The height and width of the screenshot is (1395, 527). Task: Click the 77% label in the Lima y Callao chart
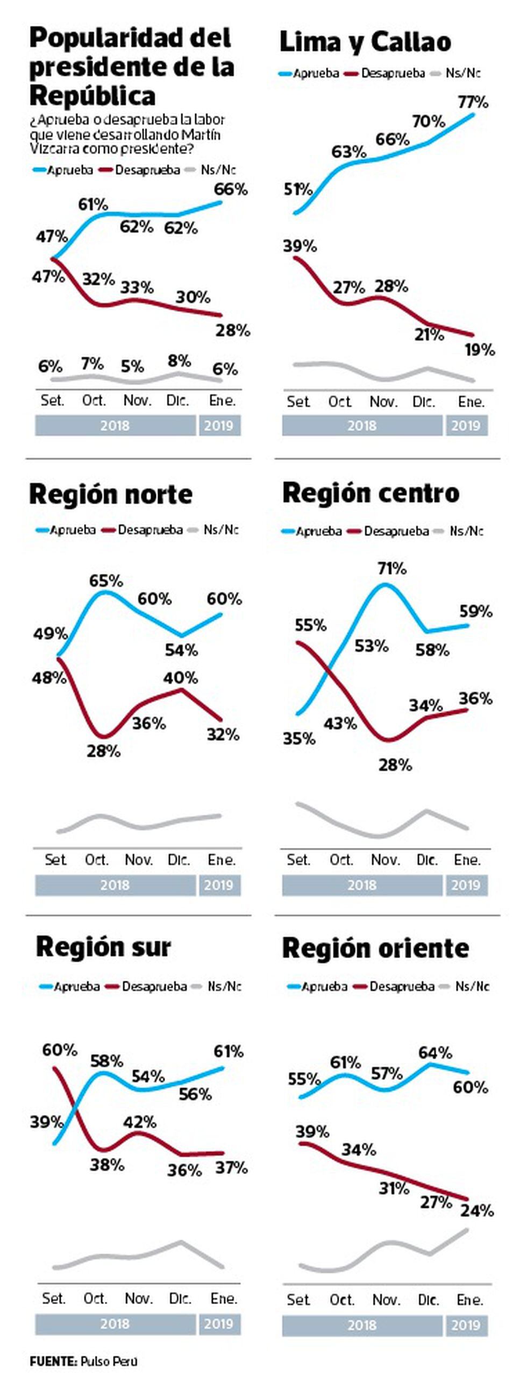click(x=473, y=102)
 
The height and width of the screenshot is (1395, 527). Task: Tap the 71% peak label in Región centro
click(x=392, y=568)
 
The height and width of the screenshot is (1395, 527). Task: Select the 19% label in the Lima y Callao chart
click(x=480, y=350)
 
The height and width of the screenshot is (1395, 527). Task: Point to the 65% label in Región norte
click(x=106, y=580)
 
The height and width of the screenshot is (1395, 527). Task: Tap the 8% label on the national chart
click(x=179, y=360)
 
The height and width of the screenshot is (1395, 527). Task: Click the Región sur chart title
click(x=103, y=947)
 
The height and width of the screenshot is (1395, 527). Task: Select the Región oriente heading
click(x=375, y=948)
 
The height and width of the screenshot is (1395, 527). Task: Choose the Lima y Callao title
click(x=365, y=43)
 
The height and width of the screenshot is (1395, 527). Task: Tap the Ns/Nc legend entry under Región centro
click(x=466, y=531)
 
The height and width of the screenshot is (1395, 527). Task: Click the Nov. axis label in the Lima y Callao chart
click(x=383, y=402)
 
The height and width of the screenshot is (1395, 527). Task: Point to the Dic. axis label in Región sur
click(x=180, y=1298)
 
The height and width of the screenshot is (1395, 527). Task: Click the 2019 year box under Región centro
click(x=466, y=885)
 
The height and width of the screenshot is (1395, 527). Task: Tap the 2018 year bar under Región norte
click(x=115, y=885)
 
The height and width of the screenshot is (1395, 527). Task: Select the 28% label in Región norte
click(x=103, y=751)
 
